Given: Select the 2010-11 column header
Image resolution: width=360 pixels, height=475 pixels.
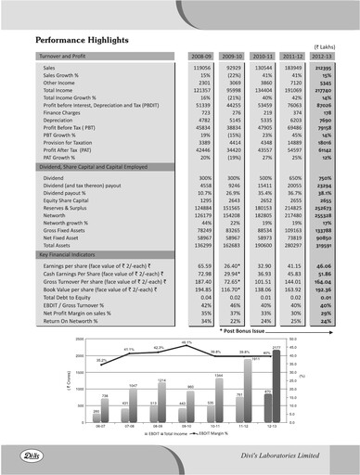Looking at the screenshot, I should (x=264, y=56).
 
